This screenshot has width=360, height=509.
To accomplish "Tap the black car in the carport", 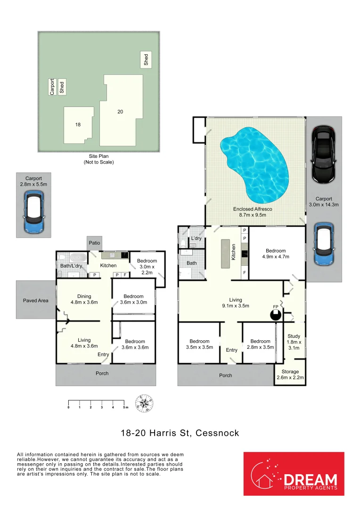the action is (324, 155).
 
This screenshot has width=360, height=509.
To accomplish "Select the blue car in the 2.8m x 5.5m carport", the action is (34, 212).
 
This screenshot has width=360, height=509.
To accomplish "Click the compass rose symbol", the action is (144, 403).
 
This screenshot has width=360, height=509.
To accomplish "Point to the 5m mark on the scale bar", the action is (124, 404).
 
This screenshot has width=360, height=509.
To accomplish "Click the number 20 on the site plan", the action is (120, 112).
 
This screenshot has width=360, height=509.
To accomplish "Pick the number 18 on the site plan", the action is (78, 124).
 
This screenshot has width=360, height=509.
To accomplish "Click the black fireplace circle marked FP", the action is (276, 315).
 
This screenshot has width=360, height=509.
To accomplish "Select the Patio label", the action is (94, 243).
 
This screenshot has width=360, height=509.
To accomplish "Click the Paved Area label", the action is (36, 301).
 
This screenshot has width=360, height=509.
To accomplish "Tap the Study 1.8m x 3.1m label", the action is (294, 342).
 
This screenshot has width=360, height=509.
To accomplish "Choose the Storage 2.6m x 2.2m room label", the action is (290, 374).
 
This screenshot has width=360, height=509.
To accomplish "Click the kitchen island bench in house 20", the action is (225, 254).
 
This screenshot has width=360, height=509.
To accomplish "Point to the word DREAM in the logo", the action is (311, 480).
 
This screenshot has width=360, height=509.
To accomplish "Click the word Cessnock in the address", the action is (218, 433).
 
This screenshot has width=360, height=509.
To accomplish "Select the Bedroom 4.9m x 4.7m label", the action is (276, 254).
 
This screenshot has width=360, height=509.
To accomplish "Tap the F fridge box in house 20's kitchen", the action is (245, 273).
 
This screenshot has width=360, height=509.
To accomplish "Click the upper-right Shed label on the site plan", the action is (146, 59).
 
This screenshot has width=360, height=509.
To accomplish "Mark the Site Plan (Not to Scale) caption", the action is (98, 159).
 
